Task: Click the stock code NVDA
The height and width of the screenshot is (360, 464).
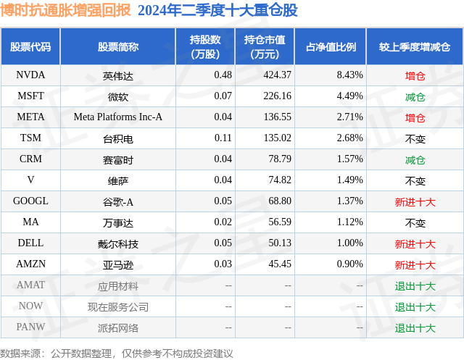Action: (30, 75)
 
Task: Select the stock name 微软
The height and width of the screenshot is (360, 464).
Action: (118, 96)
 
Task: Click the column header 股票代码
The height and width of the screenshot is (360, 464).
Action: (30, 47)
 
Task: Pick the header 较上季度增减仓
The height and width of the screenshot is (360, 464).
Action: (415, 47)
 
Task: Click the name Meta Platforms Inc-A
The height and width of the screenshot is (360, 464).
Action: (118, 117)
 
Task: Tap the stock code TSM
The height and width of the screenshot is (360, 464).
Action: (30, 138)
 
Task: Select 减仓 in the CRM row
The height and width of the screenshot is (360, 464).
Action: (415, 159)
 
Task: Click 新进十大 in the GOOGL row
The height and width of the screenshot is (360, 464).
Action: (415, 201)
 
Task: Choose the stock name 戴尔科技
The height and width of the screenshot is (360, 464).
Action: (118, 243)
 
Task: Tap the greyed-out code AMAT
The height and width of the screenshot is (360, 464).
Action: (30, 285)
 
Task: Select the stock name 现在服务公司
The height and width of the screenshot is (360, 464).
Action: (118, 307)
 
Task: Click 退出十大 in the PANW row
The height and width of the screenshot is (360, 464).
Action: (415, 328)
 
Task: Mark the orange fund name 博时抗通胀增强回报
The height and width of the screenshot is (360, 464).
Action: (66, 10)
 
